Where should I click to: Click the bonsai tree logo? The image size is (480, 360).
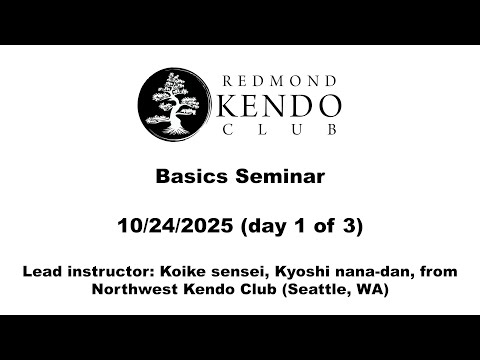coord(172,102)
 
